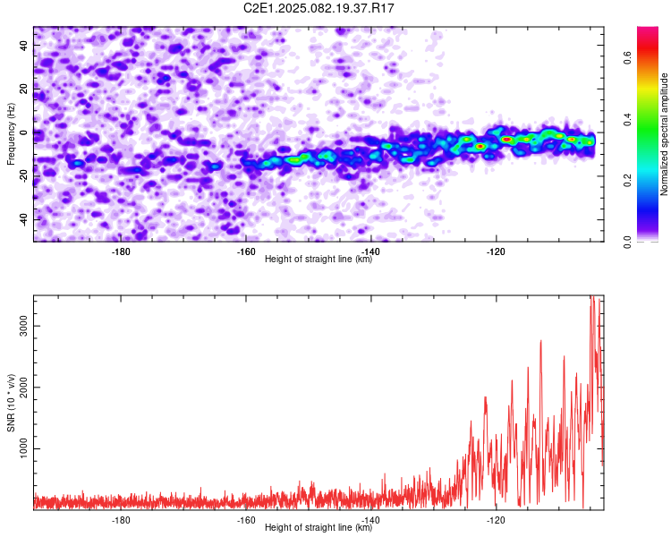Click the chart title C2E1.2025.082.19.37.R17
[319, 8]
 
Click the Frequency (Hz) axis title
[11, 134]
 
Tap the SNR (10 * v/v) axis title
[11, 403]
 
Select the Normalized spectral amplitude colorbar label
[664, 134]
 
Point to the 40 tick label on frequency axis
[24, 46]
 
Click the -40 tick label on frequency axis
[24, 219]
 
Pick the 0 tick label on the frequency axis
[24, 132]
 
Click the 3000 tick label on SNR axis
[24, 326]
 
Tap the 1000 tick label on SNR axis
[24, 448]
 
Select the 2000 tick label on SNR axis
[24, 388]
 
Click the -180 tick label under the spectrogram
[121, 251]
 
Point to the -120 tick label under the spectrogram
[496, 251]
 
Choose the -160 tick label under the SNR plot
[246, 520]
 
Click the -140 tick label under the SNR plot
[371, 520]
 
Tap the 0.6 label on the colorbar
[627, 57]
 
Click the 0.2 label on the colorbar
[627, 180]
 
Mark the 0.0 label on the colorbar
[627, 242]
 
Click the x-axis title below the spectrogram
[319, 259]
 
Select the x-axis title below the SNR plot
[319, 527]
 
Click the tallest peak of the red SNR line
[592, 296]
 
